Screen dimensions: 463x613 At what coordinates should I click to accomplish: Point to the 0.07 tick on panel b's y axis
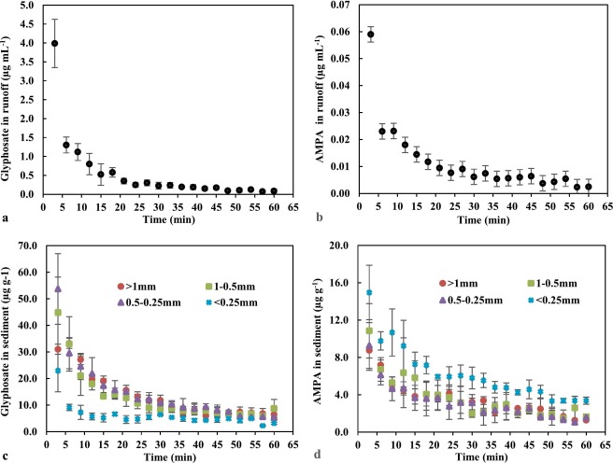click(338, 7)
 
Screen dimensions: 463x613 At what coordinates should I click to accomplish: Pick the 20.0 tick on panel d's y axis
click(340, 245)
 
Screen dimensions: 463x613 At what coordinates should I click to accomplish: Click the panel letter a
click(5, 217)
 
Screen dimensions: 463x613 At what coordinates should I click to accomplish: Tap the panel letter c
click(5, 455)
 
